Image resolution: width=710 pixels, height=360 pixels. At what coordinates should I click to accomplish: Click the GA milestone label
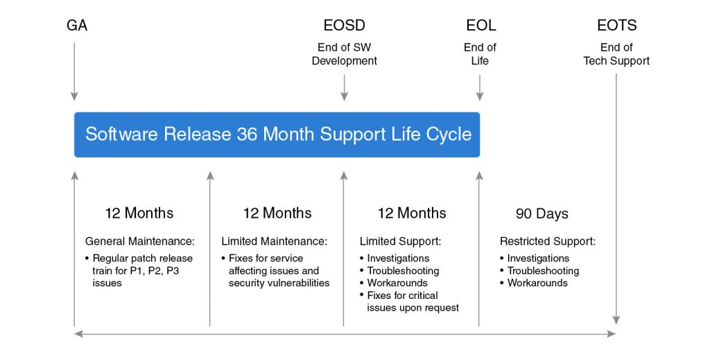[77, 26]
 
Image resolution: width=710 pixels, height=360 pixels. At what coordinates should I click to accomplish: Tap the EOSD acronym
[344, 26]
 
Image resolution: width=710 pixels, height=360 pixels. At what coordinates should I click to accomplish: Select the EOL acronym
[480, 26]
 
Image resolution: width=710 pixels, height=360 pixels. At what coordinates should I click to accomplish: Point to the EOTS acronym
[616, 26]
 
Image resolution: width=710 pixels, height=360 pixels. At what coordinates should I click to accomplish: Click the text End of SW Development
[344, 54]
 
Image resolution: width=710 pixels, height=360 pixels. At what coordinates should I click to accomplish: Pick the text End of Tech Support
[616, 54]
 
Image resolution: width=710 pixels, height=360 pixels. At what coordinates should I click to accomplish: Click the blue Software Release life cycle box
[277, 134]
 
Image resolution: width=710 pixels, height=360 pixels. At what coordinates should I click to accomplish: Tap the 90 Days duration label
[542, 214]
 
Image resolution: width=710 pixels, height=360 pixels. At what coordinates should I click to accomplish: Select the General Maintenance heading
[140, 241]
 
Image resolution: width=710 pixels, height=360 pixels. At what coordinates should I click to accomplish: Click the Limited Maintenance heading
[274, 241]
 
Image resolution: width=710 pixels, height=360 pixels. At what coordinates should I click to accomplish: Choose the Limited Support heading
[400, 241]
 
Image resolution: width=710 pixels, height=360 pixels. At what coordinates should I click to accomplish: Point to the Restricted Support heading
[548, 241]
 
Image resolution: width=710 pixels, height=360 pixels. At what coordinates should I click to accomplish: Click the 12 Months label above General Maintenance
[139, 213]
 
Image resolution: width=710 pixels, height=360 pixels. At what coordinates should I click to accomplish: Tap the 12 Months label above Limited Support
[412, 213]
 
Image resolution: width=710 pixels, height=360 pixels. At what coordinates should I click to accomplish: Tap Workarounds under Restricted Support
[537, 283]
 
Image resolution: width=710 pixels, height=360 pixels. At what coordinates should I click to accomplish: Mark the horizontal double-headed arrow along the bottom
[345, 334]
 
